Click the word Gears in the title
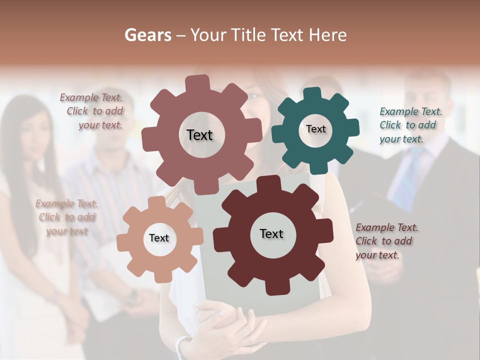click(x=147, y=35)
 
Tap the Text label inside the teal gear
click(x=315, y=129)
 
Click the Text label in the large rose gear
click(x=199, y=135)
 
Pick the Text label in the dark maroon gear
click(x=271, y=233)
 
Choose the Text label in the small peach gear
click(x=159, y=238)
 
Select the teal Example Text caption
click(x=410, y=125)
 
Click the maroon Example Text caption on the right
click(x=386, y=241)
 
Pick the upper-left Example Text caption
click(x=93, y=111)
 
